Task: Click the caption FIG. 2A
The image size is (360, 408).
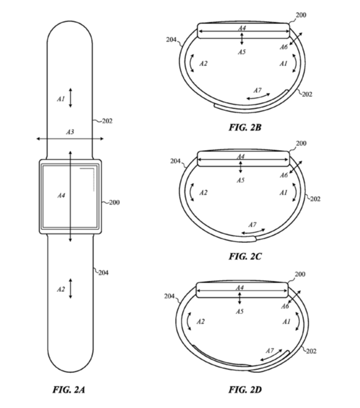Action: click(69, 389)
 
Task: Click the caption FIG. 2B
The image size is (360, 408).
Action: click(245, 127)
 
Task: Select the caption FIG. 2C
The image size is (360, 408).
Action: click(245, 256)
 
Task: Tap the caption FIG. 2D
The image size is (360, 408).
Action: click(245, 389)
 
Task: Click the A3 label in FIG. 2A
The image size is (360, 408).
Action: click(70, 132)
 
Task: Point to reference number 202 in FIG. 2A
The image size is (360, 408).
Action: click(107, 121)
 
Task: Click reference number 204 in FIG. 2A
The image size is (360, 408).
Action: click(103, 273)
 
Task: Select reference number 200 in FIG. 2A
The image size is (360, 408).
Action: click(114, 202)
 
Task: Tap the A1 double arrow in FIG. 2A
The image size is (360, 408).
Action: click(71, 98)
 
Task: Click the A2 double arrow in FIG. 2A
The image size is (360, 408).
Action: click(71, 288)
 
